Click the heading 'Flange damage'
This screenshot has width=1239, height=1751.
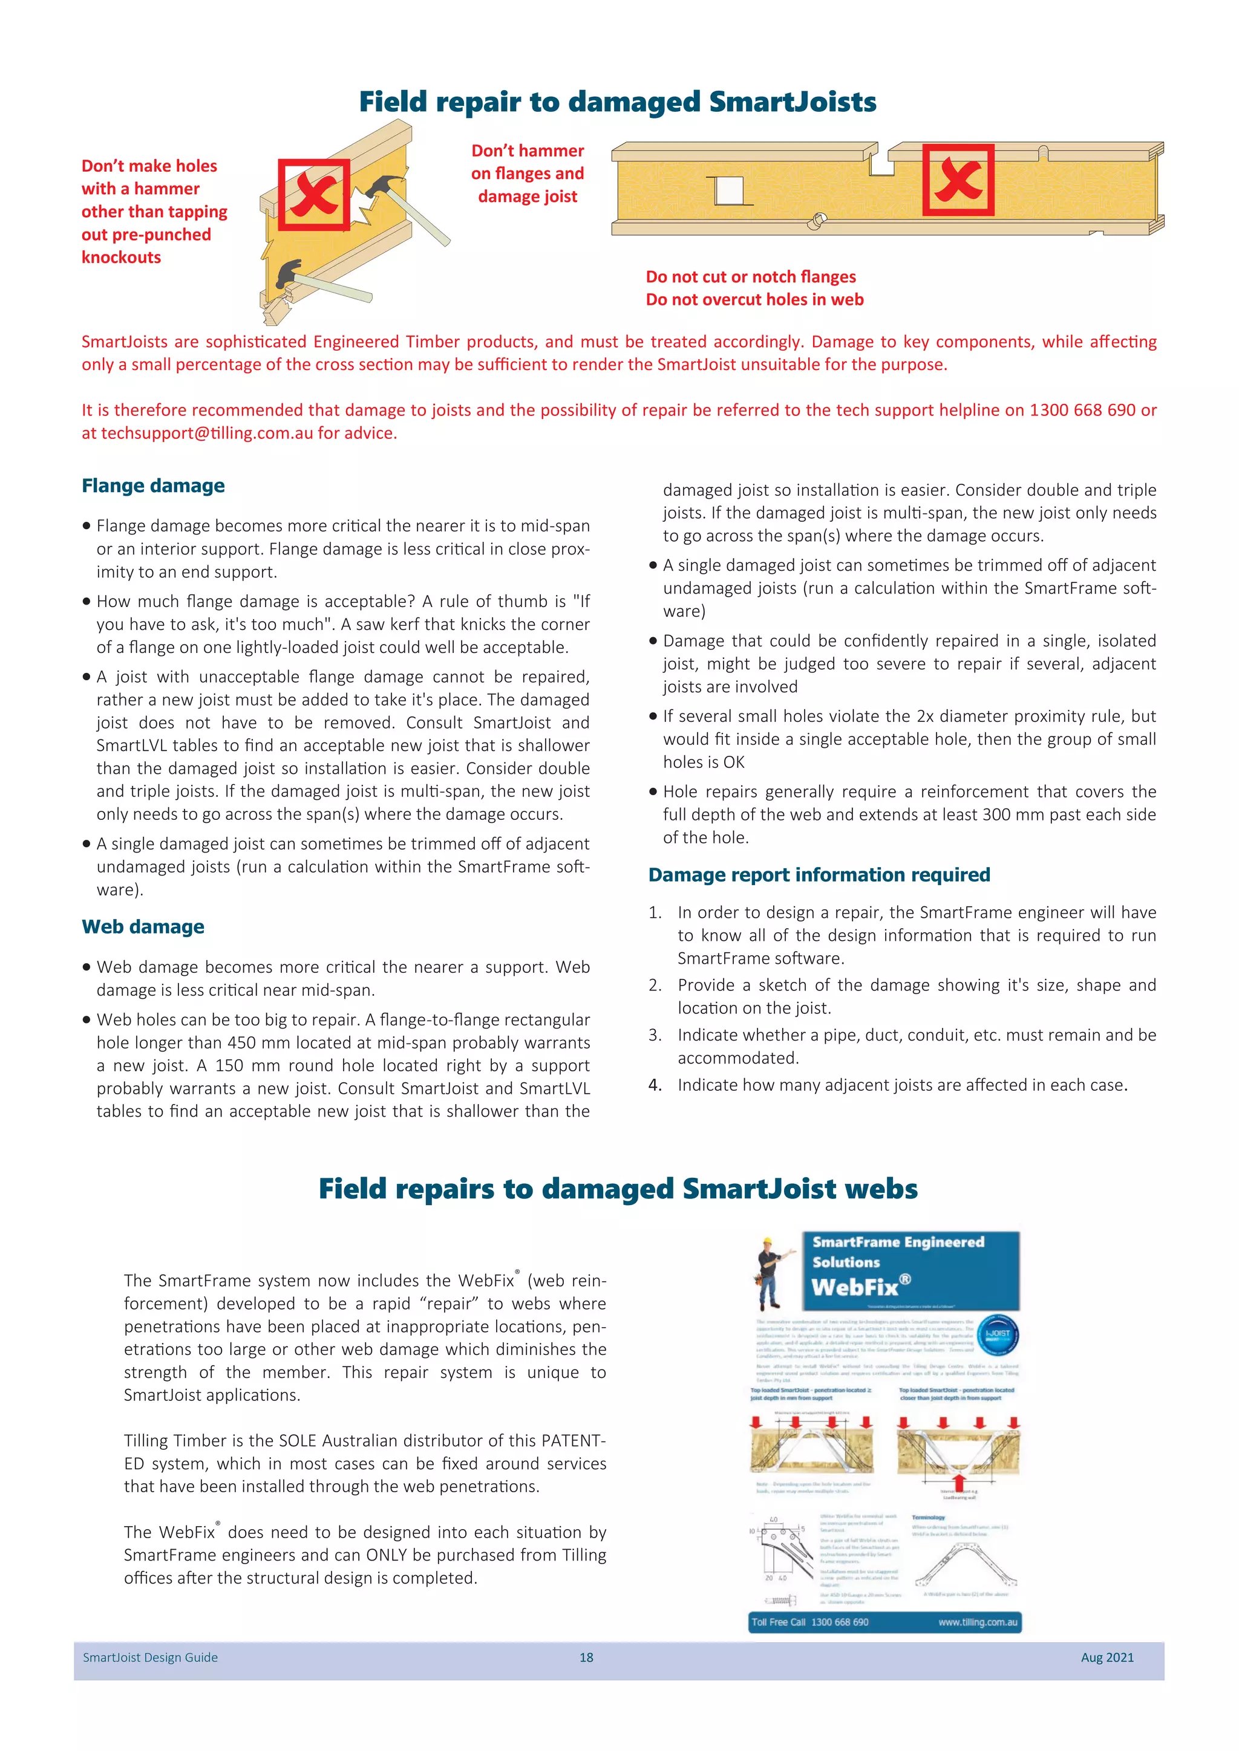[x=152, y=486]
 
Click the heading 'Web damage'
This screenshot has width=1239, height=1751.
[x=143, y=927]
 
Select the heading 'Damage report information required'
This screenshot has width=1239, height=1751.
[x=819, y=875]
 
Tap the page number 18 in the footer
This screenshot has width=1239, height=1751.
[x=586, y=1657]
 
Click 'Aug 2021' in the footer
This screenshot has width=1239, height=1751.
[x=1107, y=1657]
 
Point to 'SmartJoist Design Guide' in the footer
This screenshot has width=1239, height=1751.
[x=150, y=1657]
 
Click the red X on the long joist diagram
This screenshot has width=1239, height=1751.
[x=958, y=180]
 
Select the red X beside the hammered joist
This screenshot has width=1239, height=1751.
[x=313, y=195]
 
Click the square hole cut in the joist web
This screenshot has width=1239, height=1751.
[x=728, y=190]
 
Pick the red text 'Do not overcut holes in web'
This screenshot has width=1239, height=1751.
[x=754, y=300]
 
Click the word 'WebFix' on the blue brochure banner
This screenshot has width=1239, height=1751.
[x=854, y=1288]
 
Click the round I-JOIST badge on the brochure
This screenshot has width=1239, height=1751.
[x=997, y=1334]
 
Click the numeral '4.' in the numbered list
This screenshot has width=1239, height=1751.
[x=655, y=1085]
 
